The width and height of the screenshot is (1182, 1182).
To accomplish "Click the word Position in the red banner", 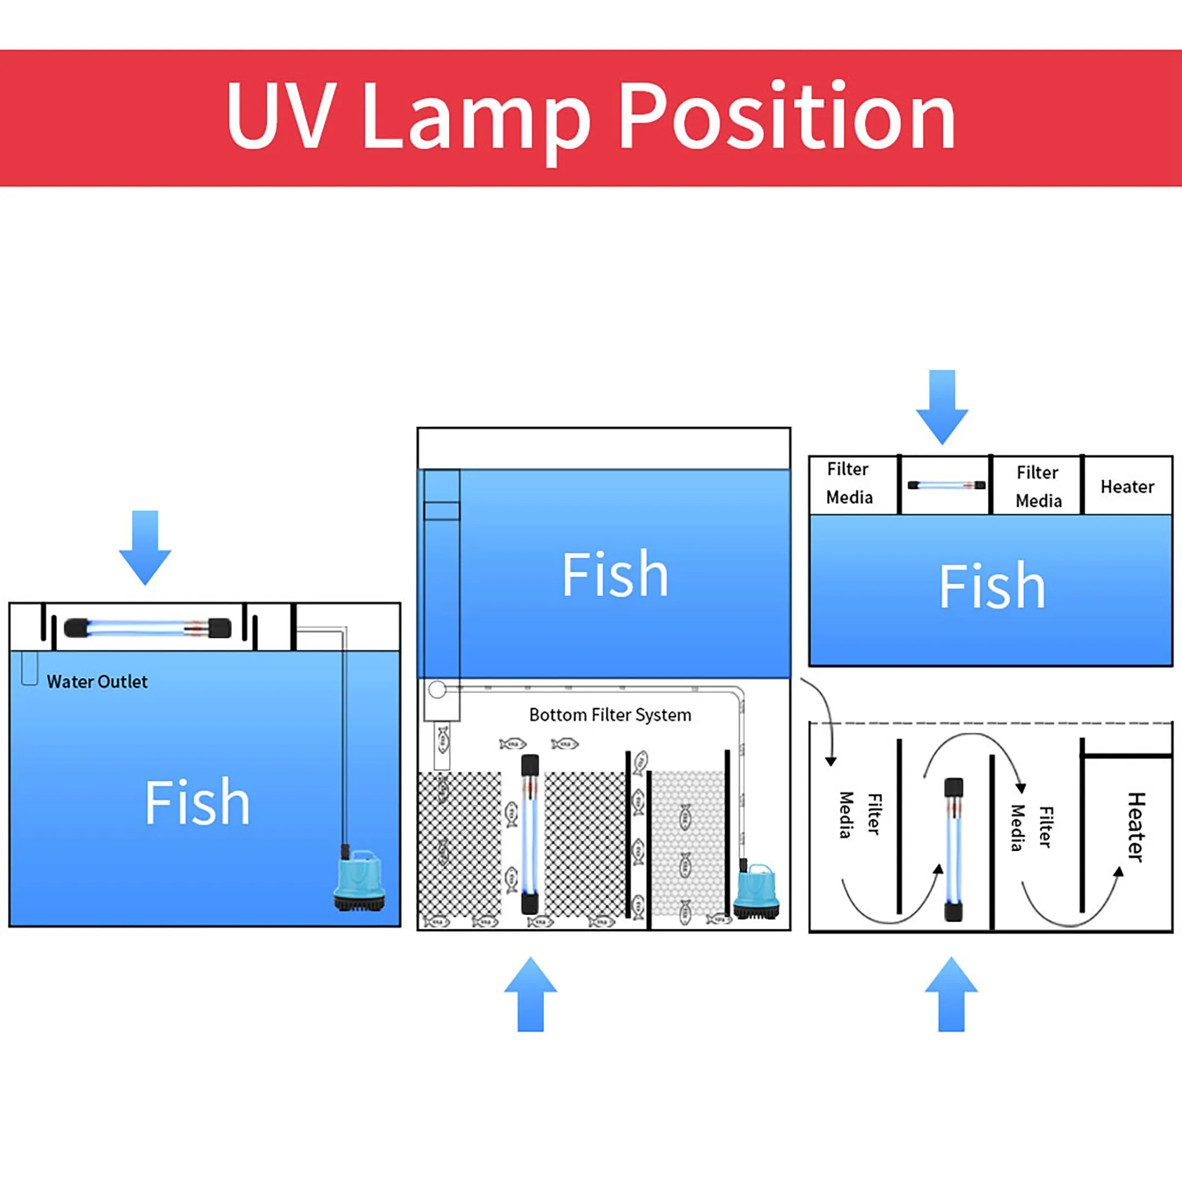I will click(x=787, y=117).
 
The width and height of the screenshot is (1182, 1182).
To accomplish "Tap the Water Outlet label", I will click(x=97, y=682).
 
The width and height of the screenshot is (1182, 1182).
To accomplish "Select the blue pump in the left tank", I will click(x=359, y=880).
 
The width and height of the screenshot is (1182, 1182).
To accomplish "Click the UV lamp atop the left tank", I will click(x=147, y=628).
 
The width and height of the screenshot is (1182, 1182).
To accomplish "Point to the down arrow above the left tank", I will click(x=145, y=547).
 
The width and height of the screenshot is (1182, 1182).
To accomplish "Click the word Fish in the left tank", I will click(x=197, y=803).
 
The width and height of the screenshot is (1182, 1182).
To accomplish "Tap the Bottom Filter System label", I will click(x=610, y=715).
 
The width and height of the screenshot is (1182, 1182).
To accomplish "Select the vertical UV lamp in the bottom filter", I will click(x=530, y=835).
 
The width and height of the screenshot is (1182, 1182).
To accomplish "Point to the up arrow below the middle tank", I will click(x=530, y=995).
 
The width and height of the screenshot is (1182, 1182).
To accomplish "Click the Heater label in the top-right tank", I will click(x=1127, y=487).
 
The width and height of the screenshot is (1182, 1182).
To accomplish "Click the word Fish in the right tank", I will click(x=992, y=586).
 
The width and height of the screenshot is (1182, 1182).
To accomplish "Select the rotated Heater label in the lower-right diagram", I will click(x=1135, y=827).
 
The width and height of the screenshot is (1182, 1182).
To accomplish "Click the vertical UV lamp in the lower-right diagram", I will click(x=953, y=849).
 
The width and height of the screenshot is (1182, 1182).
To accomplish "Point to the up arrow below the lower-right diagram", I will click(x=951, y=995).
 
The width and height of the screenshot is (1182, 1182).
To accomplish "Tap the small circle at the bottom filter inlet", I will click(x=437, y=690).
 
